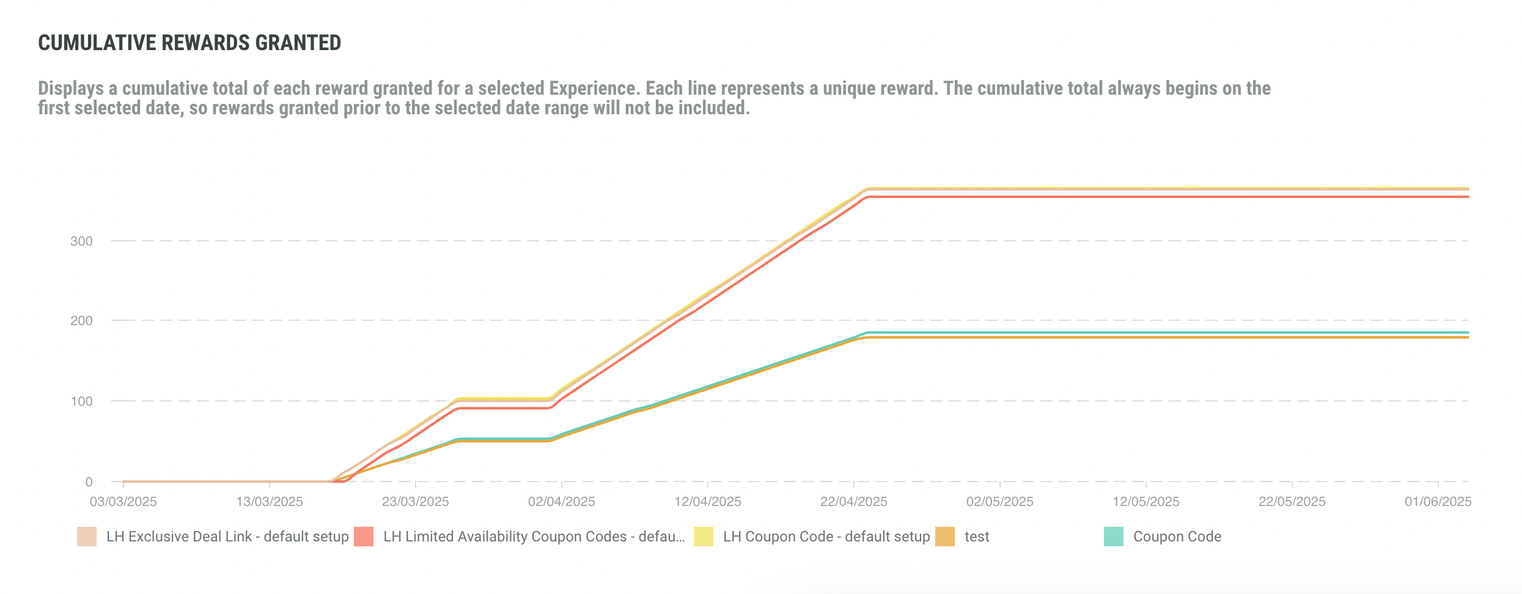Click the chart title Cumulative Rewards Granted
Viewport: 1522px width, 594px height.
(x=189, y=43)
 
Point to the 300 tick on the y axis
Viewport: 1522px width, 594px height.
(x=81, y=241)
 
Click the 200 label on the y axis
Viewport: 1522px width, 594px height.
(x=81, y=321)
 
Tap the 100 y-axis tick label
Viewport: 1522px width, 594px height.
(x=81, y=402)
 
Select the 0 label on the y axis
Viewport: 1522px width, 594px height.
(x=89, y=482)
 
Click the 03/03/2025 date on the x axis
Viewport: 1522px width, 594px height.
(x=123, y=502)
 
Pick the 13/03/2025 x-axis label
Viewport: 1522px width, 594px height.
(x=270, y=502)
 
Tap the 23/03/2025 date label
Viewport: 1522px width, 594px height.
(x=416, y=502)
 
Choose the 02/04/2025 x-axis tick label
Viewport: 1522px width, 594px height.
(x=562, y=502)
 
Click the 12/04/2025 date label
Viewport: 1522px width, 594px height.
(x=708, y=502)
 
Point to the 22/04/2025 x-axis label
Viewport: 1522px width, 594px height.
(x=854, y=502)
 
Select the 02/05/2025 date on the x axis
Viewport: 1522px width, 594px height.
(x=1000, y=502)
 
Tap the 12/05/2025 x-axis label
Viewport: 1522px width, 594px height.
(x=1146, y=502)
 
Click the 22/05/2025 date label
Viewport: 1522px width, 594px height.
(x=1292, y=502)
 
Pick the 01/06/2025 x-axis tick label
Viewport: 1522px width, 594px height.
(x=1438, y=502)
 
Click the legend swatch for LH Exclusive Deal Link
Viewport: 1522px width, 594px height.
(x=87, y=537)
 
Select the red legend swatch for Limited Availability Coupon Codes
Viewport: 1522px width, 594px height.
(x=364, y=537)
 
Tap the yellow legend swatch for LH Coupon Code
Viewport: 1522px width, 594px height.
(x=704, y=537)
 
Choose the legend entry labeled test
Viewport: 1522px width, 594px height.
(x=976, y=537)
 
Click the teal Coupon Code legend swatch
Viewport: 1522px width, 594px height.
(x=1114, y=537)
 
